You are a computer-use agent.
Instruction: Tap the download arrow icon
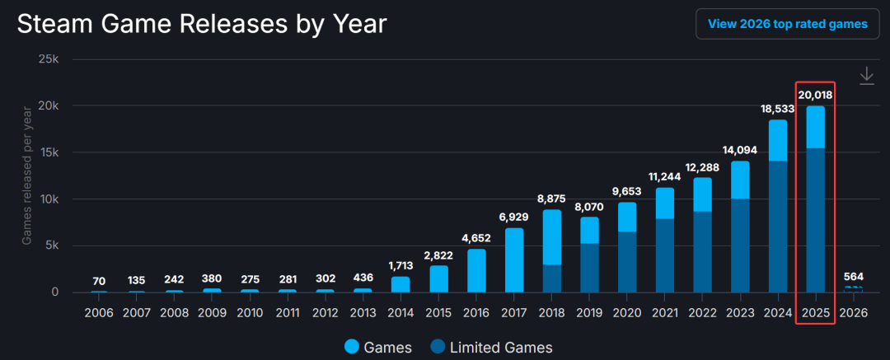(x=866, y=76)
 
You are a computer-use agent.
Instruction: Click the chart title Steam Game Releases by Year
(x=202, y=24)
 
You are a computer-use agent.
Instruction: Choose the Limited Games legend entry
(x=490, y=347)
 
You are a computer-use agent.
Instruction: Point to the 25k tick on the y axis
(x=46, y=60)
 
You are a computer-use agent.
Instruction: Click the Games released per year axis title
(x=26, y=176)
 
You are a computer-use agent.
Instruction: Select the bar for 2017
(x=514, y=260)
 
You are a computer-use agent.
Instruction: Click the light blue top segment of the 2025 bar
(x=815, y=127)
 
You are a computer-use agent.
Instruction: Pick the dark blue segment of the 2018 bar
(x=552, y=278)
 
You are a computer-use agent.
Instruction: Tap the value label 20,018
(x=815, y=96)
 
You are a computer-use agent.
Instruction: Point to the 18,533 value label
(x=777, y=109)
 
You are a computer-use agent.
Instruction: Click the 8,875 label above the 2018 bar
(x=552, y=199)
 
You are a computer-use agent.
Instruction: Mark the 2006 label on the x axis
(x=99, y=313)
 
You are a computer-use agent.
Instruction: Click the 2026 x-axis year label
(x=853, y=313)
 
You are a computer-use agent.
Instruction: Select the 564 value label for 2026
(x=853, y=276)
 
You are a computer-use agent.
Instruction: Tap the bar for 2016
(x=476, y=271)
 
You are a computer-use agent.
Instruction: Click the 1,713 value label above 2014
(x=400, y=265)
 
